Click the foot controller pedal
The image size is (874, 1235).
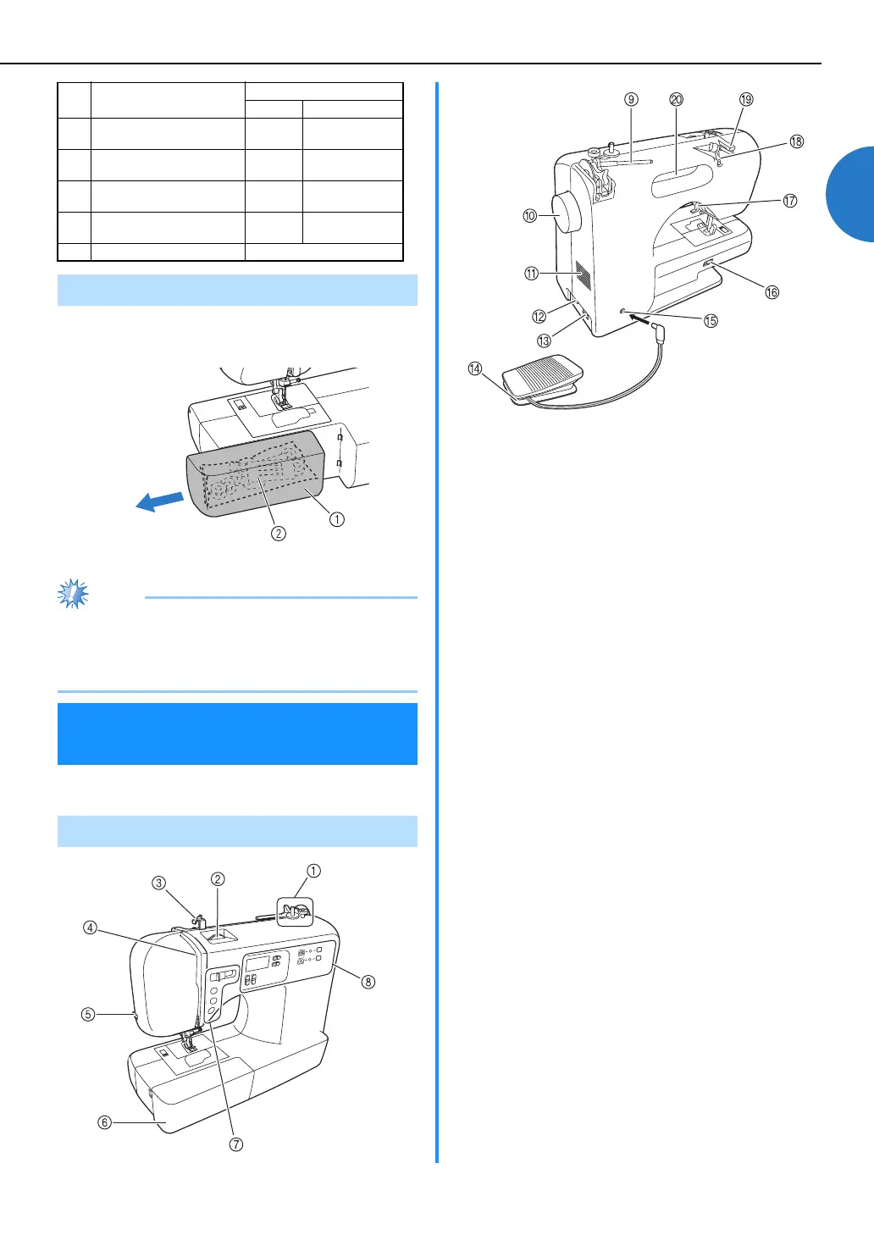click(542, 373)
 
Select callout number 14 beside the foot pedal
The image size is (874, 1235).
click(475, 368)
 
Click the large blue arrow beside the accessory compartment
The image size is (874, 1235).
click(161, 501)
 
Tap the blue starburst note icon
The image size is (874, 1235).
click(73, 594)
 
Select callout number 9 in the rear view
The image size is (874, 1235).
click(631, 99)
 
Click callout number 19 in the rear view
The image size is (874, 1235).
click(746, 99)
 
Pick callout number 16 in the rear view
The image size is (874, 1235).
click(772, 292)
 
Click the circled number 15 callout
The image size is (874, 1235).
click(711, 320)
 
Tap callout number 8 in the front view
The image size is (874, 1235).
click(368, 982)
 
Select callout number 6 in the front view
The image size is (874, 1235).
click(104, 1122)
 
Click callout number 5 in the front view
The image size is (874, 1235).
click(88, 1014)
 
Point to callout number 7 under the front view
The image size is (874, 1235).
click(236, 1144)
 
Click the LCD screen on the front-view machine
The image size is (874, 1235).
click(258, 964)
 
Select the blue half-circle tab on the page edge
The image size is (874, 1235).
click(851, 194)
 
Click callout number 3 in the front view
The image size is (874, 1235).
click(159, 883)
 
